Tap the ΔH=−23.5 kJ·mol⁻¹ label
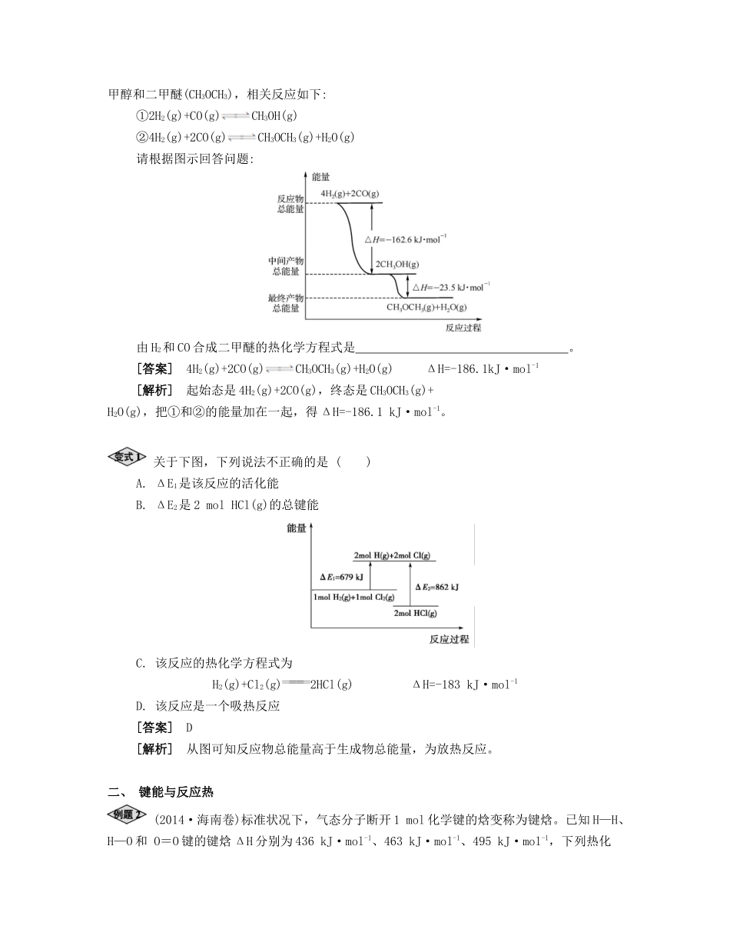click(x=451, y=287)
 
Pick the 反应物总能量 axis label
click(x=290, y=202)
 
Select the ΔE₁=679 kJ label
click(x=342, y=576)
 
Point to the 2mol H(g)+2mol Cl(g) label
click(x=392, y=555)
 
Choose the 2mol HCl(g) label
click(x=415, y=613)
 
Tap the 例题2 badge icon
click(x=126, y=814)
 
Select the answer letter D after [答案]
click(x=189, y=727)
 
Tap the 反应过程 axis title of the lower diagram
click(x=449, y=639)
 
